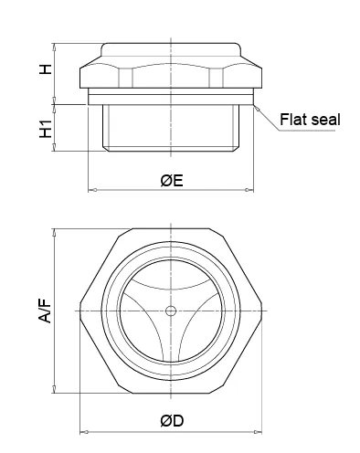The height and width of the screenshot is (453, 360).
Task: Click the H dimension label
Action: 46,68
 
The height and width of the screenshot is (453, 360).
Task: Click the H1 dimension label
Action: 46,129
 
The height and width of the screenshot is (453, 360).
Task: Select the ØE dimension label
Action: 172,181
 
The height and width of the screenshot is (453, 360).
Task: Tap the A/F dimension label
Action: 45,311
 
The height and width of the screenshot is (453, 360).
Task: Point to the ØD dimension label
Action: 172,421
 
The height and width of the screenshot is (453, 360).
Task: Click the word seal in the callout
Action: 324,119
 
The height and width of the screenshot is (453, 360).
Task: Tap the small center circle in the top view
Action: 171,311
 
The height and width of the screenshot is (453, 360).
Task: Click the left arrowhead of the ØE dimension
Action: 92,190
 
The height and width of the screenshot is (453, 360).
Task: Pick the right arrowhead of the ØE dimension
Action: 249,190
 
